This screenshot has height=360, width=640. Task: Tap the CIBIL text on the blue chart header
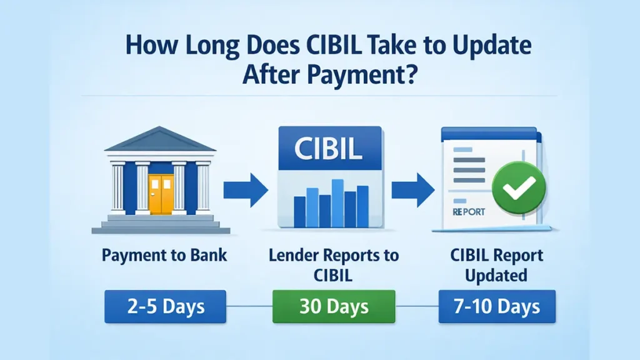329,151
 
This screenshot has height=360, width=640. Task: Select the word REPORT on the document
468,211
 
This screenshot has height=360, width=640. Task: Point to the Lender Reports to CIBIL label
333,265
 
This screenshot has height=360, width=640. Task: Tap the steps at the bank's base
161,223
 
